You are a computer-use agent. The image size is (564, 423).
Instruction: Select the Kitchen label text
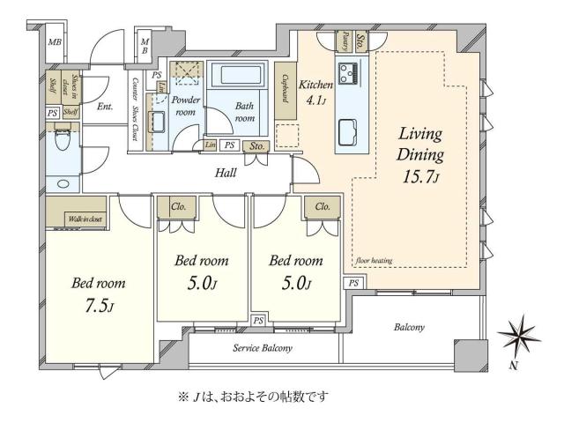[x=315, y=85]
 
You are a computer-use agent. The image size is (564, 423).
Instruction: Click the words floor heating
[x=374, y=261]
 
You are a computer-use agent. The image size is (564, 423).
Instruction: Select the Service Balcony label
[x=263, y=348]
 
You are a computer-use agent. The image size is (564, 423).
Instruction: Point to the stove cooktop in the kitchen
[x=347, y=71]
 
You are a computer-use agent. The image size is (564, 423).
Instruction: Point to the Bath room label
[x=246, y=112]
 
